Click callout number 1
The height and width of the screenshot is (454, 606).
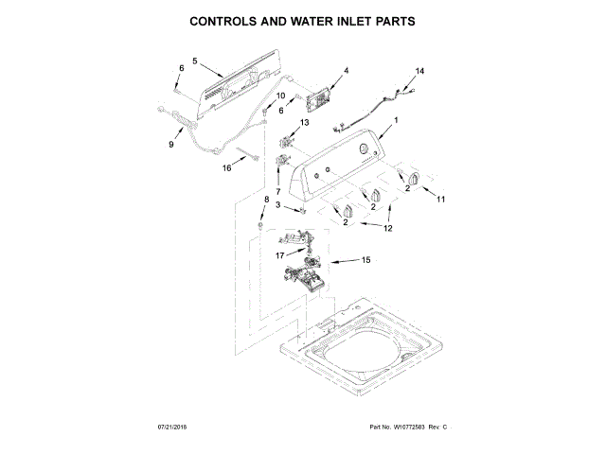(396, 119)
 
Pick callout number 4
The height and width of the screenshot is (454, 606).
(346, 71)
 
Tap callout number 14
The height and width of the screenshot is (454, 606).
(420, 71)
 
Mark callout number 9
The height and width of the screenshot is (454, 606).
(171, 145)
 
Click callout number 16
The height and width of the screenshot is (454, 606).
(226, 168)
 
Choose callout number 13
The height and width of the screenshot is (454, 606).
(304, 123)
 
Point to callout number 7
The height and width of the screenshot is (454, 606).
(277, 193)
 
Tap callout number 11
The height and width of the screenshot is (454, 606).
(440, 198)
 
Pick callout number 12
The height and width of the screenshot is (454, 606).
(390, 227)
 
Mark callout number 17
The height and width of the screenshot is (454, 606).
(279, 255)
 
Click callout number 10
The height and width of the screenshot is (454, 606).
(280, 96)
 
